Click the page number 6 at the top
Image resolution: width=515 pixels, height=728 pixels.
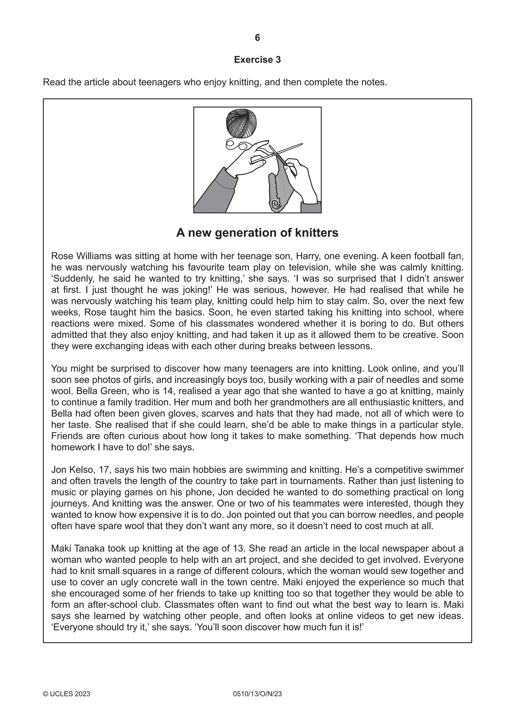257,38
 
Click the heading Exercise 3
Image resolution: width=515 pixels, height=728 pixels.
257,60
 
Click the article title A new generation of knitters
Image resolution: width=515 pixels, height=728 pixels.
257,233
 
